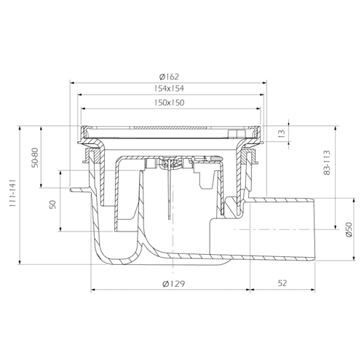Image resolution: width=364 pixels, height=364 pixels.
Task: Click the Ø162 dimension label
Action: (169, 76)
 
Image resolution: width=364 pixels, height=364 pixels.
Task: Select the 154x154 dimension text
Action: (169, 89)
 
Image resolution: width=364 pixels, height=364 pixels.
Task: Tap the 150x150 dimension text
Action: (169, 103)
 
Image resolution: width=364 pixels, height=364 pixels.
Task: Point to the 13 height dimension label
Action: (281, 133)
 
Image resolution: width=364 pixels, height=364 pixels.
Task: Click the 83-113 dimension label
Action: (327, 162)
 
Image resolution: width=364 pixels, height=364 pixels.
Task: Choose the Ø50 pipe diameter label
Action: (349, 229)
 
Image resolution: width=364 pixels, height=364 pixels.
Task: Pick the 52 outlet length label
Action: (282, 283)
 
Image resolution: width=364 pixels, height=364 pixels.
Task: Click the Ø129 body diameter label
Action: (174, 283)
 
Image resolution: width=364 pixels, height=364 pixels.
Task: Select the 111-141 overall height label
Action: (12, 194)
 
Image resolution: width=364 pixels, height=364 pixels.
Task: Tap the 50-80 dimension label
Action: (35, 157)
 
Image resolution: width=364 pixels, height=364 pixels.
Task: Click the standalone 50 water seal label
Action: (53, 205)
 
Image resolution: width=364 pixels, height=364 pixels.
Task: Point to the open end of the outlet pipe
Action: (314, 230)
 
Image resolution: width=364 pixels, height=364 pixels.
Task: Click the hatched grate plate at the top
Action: (168, 127)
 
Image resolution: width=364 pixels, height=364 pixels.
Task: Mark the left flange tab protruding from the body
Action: (80, 190)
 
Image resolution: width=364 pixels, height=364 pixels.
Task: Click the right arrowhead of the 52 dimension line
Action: (313, 289)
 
